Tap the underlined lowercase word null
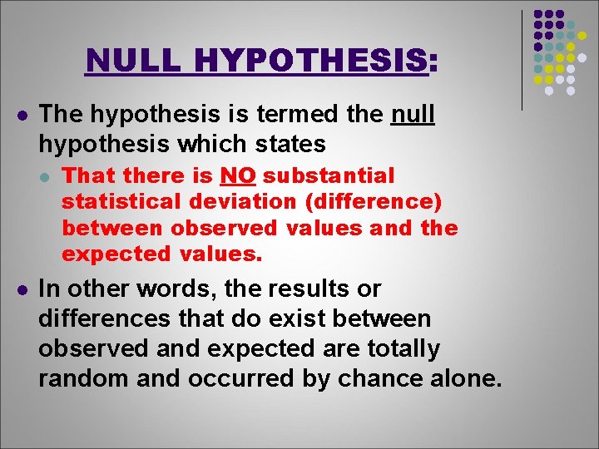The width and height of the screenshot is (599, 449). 412,113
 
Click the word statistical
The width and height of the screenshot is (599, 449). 121,202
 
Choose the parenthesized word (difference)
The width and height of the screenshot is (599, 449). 371,202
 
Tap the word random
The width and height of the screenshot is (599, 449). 79,379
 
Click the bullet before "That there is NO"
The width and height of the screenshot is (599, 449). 47,176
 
